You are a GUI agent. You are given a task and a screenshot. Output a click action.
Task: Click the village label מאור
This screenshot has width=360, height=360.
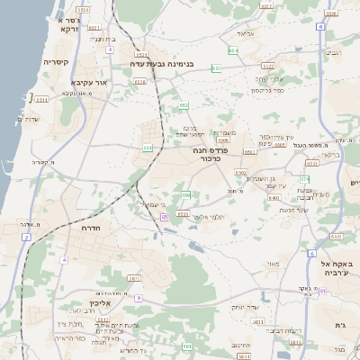(273, 264)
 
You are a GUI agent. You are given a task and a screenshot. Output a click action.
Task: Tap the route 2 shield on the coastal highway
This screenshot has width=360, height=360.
(27, 238)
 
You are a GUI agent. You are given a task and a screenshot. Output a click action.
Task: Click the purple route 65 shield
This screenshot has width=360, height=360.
(165, 217)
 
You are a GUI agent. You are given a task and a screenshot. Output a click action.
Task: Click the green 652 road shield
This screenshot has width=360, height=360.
(183, 106)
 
